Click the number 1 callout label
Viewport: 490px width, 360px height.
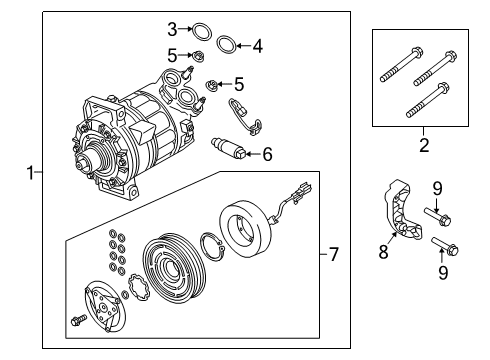[x=30, y=173]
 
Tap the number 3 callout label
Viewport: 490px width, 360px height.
[x=172, y=29]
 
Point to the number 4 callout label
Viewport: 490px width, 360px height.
[x=257, y=45]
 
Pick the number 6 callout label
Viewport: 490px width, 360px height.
[x=266, y=154]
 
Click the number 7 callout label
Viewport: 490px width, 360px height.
[x=333, y=255]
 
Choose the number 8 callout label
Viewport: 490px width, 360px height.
[x=383, y=255]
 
